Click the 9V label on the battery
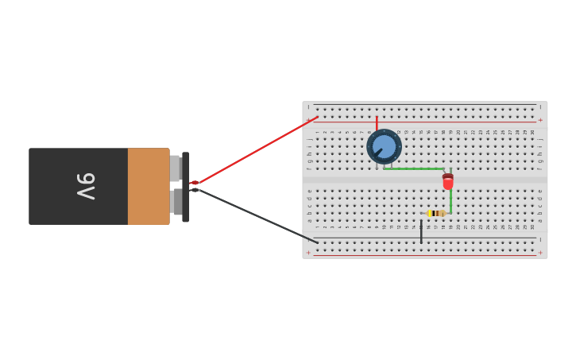(x=86, y=186)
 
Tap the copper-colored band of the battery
(x=149, y=186)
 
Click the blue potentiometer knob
(x=384, y=146)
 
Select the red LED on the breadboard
(x=448, y=183)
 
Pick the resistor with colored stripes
(x=435, y=213)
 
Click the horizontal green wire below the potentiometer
(x=413, y=168)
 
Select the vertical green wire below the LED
(x=450, y=201)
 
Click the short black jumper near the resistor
(x=421, y=230)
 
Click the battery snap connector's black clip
(x=186, y=187)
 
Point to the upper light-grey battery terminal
(x=175, y=168)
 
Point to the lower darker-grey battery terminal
(x=176, y=202)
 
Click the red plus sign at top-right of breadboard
(x=540, y=120)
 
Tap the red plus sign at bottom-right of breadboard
(x=540, y=253)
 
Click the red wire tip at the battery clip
(x=194, y=183)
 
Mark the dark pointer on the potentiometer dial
(x=377, y=152)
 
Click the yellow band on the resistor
(x=431, y=213)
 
